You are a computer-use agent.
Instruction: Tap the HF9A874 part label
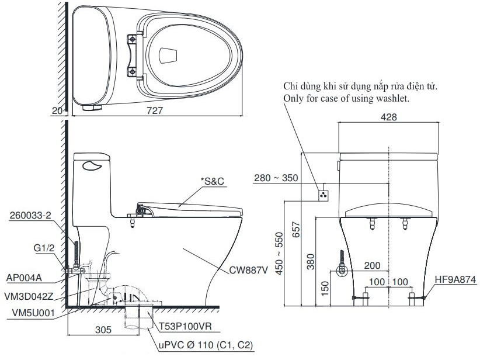pos(455,280)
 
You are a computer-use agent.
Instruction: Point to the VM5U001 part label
pos(33,313)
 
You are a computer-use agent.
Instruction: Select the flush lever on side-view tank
pos(91,167)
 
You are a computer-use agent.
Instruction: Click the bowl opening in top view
pos(168,54)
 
